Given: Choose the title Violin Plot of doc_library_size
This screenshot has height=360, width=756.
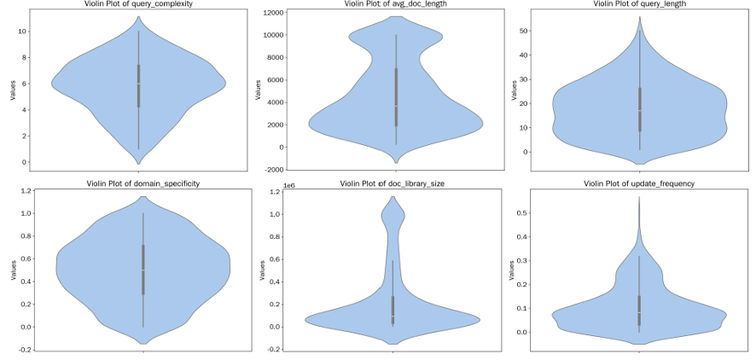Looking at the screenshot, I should point(393,183).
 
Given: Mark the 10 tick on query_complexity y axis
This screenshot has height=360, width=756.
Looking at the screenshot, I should point(25,32).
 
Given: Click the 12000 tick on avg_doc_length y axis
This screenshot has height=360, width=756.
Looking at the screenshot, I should point(272,14).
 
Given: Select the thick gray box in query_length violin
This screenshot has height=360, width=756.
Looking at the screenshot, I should point(639,109).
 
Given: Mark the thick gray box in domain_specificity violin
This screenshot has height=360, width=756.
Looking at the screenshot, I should point(142,270).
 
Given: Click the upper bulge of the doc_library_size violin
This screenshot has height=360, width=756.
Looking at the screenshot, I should point(393,218).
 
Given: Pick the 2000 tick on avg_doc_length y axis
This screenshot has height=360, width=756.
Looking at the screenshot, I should point(275,125).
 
